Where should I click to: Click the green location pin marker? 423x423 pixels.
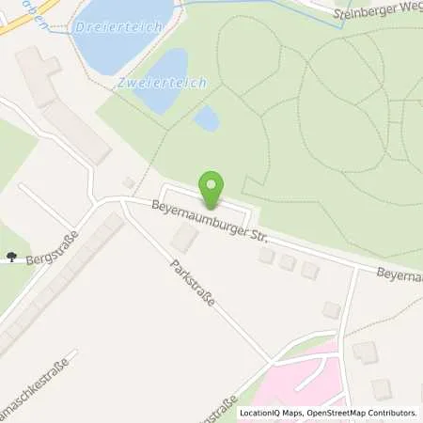click(x=211, y=185)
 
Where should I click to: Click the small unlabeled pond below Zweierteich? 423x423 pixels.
click(x=206, y=119)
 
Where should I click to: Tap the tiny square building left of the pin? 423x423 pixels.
click(x=129, y=182)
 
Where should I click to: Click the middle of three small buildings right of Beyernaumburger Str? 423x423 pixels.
click(x=288, y=263)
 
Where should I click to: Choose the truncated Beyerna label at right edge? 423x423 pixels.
click(x=399, y=275)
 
